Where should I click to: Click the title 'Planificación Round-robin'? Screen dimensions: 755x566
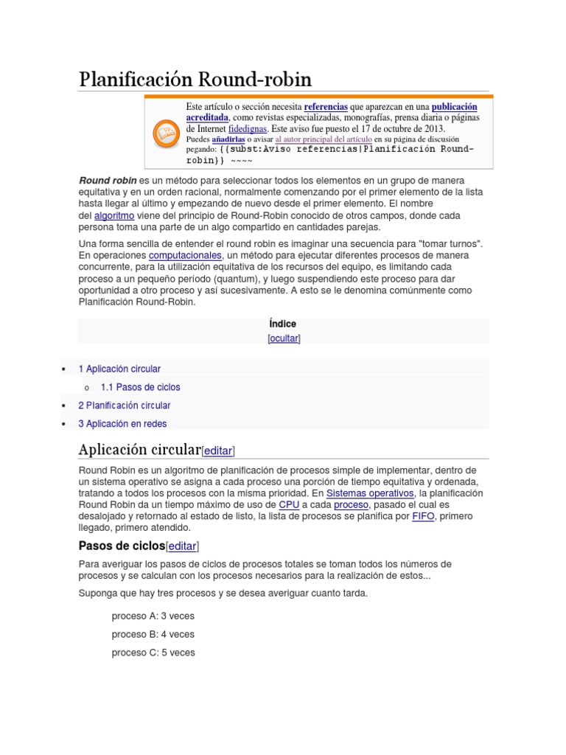[x=195, y=80]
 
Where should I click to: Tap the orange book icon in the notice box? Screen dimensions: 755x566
[x=165, y=133]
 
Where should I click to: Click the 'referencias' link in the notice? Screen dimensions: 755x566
[x=326, y=107]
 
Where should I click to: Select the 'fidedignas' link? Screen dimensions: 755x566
[x=248, y=128]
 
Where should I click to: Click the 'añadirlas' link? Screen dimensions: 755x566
[x=228, y=139]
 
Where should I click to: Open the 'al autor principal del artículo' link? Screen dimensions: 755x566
[x=324, y=139]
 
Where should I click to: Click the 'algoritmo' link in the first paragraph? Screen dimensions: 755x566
[x=114, y=215]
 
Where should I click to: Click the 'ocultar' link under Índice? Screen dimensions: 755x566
[x=284, y=338]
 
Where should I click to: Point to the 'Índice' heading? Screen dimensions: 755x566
[x=283, y=324]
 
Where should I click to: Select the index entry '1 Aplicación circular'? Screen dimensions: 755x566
[x=119, y=369]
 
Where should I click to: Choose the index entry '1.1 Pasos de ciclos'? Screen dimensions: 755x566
[x=140, y=387]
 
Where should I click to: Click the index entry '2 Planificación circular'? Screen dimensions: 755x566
[x=125, y=406]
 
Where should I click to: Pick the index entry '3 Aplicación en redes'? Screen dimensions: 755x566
[x=122, y=424]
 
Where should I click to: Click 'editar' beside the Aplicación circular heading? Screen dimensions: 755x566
[x=218, y=450]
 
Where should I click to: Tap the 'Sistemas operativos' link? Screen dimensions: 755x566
[x=370, y=493]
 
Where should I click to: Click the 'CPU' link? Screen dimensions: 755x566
[x=289, y=504]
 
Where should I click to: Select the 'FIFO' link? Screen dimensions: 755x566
[x=423, y=516]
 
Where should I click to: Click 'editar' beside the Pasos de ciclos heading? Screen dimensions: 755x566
[x=183, y=546]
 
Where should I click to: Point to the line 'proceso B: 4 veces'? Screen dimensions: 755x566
[x=153, y=634]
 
